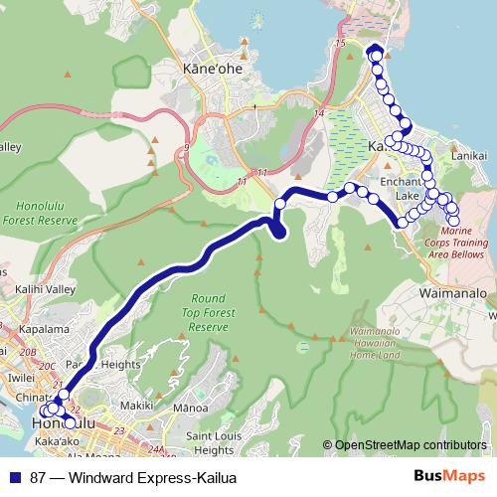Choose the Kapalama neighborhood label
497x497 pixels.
[x=34, y=328]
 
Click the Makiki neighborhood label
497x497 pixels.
[x=136, y=406]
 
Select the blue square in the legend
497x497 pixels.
[x=15, y=475]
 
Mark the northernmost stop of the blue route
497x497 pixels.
[x=375, y=51]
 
